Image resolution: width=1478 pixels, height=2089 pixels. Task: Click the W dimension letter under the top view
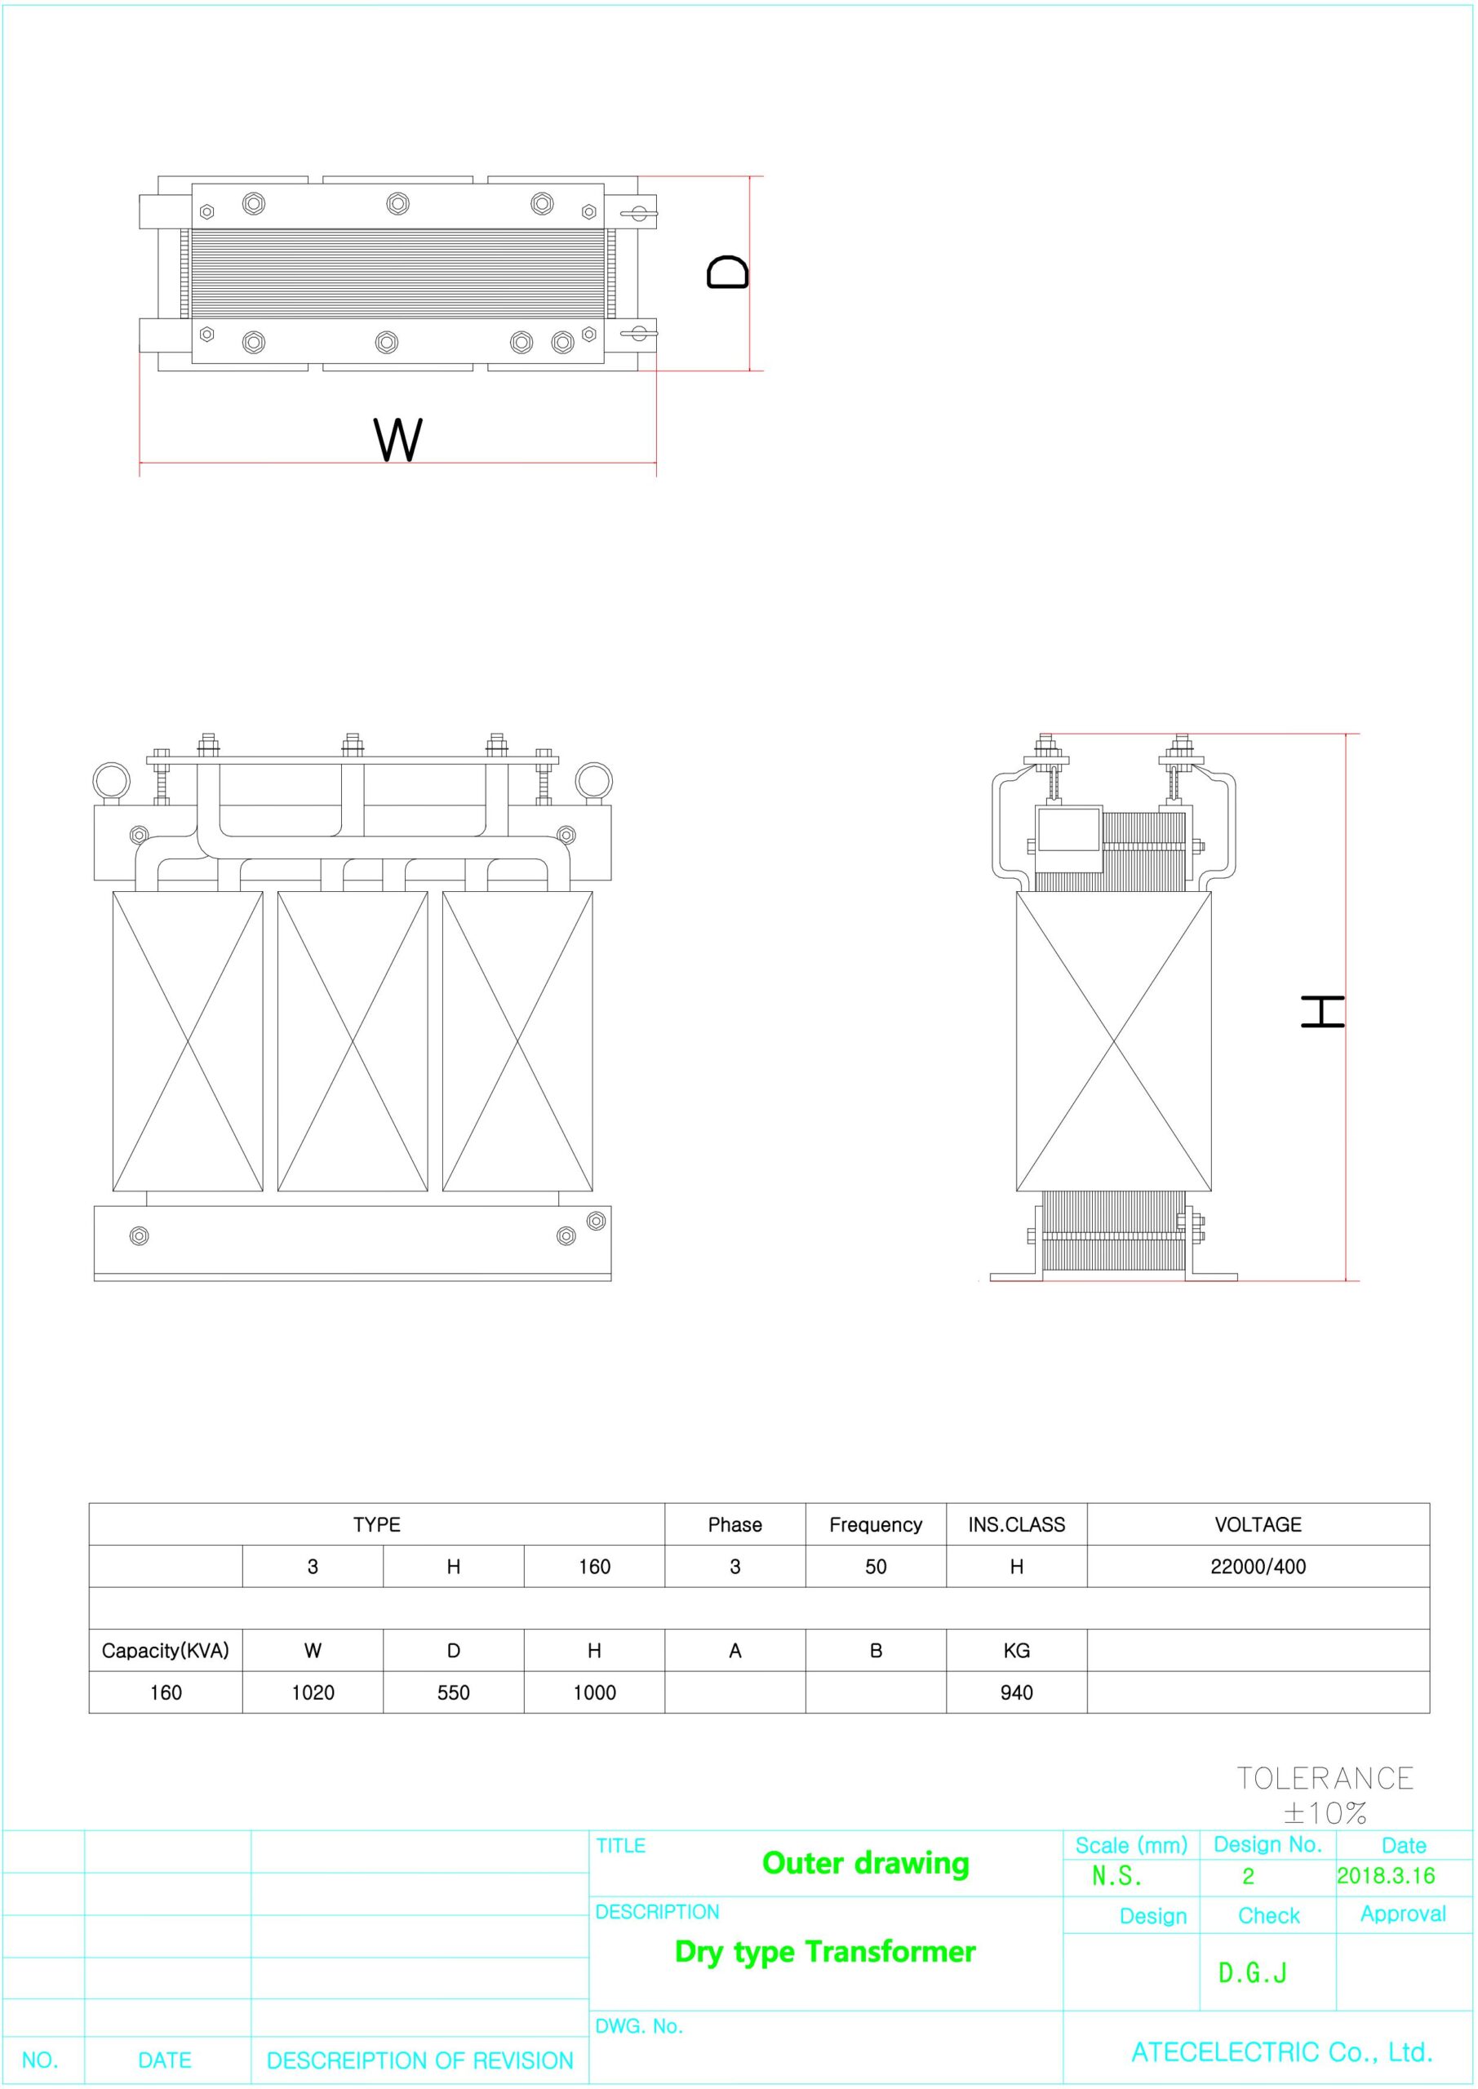point(398,440)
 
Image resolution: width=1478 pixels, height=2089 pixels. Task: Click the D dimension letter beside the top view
point(728,272)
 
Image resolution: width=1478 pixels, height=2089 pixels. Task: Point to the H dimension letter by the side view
point(1323,1012)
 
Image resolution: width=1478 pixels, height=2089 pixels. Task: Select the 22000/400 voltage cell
point(1258,1567)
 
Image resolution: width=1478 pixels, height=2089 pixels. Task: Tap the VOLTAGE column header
point(1258,1525)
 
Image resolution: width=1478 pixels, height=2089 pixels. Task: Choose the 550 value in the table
point(453,1693)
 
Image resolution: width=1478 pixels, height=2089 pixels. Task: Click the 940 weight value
point(1017,1693)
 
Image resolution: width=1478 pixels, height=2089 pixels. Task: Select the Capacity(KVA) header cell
point(166,1652)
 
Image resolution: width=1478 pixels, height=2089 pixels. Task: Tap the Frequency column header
point(876,1525)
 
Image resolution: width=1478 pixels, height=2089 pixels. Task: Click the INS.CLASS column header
point(1017,1525)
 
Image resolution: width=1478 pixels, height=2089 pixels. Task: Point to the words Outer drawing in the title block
point(866,1863)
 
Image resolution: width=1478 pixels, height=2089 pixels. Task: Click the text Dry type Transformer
point(825,1952)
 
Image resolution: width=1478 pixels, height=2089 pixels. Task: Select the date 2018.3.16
point(1385,1875)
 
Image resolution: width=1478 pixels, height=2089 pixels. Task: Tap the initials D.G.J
point(1252,1972)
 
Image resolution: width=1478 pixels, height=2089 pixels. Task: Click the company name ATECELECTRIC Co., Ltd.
point(1282,2051)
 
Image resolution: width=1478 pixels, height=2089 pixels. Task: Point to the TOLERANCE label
point(1325,1778)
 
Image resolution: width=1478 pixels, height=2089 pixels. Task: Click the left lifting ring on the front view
point(112,781)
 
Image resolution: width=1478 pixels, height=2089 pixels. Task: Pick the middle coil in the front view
point(353,1041)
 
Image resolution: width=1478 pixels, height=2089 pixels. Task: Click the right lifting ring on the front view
point(593,781)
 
